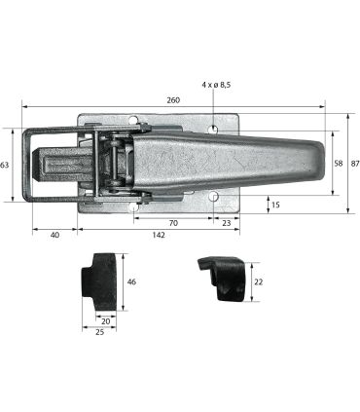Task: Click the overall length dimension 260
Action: click(x=173, y=100)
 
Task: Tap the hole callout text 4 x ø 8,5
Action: click(x=216, y=85)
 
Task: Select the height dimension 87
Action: click(x=355, y=164)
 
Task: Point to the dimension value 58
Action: click(x=339, y=164)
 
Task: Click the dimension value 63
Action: click(x=4, y=165)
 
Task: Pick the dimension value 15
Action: click(x=275, y=205)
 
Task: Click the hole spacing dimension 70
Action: click(x=173, y=223)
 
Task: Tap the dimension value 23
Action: click(x=227, y=223)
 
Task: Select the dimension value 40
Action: click(x=55, y=235)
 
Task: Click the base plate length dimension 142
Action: click(x=159, y=235)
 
